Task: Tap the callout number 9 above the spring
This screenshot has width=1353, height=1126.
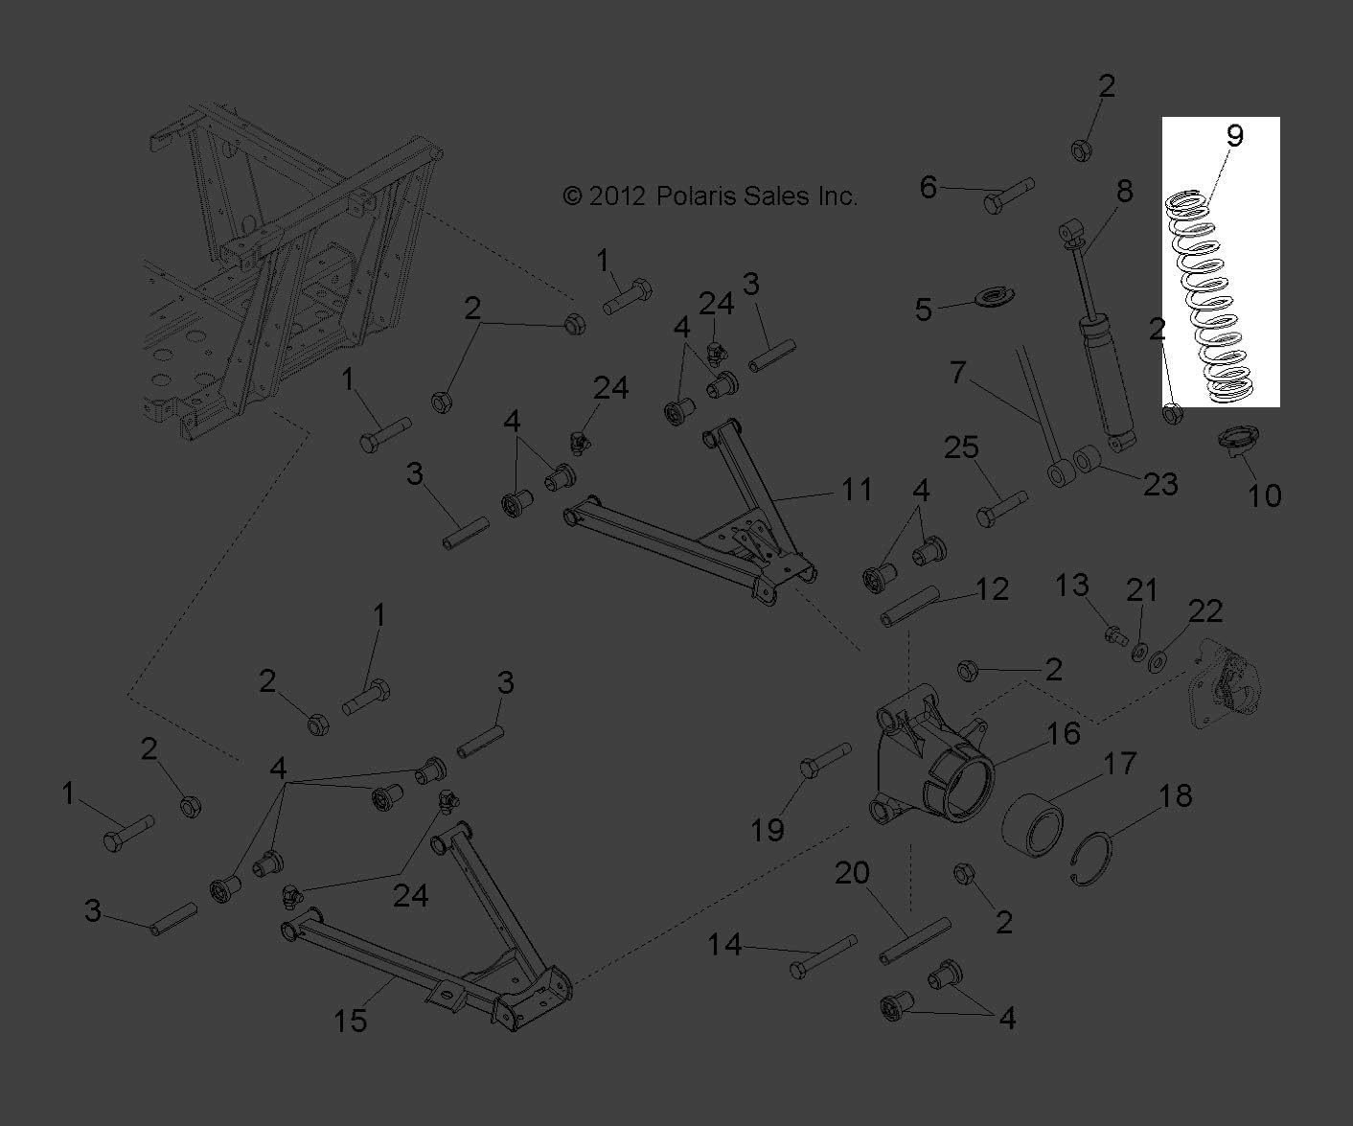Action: point(1234,136)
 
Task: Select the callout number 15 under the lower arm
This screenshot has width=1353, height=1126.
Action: point(351,1021)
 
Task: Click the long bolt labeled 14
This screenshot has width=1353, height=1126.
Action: point(822,957)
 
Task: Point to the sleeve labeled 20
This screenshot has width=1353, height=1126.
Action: point(915,941)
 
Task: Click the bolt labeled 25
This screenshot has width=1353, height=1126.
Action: point(1001,508)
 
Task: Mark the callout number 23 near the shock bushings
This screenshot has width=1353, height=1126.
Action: point(1159,484)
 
